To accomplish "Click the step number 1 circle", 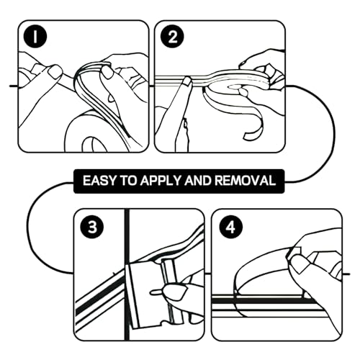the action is tap(35, 37).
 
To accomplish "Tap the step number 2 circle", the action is tap(172, 37).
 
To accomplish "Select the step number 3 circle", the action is tap(92, 227).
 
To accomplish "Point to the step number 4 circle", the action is tap(231, 227).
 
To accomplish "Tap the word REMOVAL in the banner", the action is tap(245, 181).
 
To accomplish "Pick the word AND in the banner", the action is tap(197, 181).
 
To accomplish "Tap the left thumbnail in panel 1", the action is tap(55, 72).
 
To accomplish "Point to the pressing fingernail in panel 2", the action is tap(186, 81).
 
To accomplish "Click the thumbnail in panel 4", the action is tap(300, 264).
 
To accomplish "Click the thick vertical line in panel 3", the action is tap(127, 275).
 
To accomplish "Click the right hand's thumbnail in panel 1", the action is tap(107, 72).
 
